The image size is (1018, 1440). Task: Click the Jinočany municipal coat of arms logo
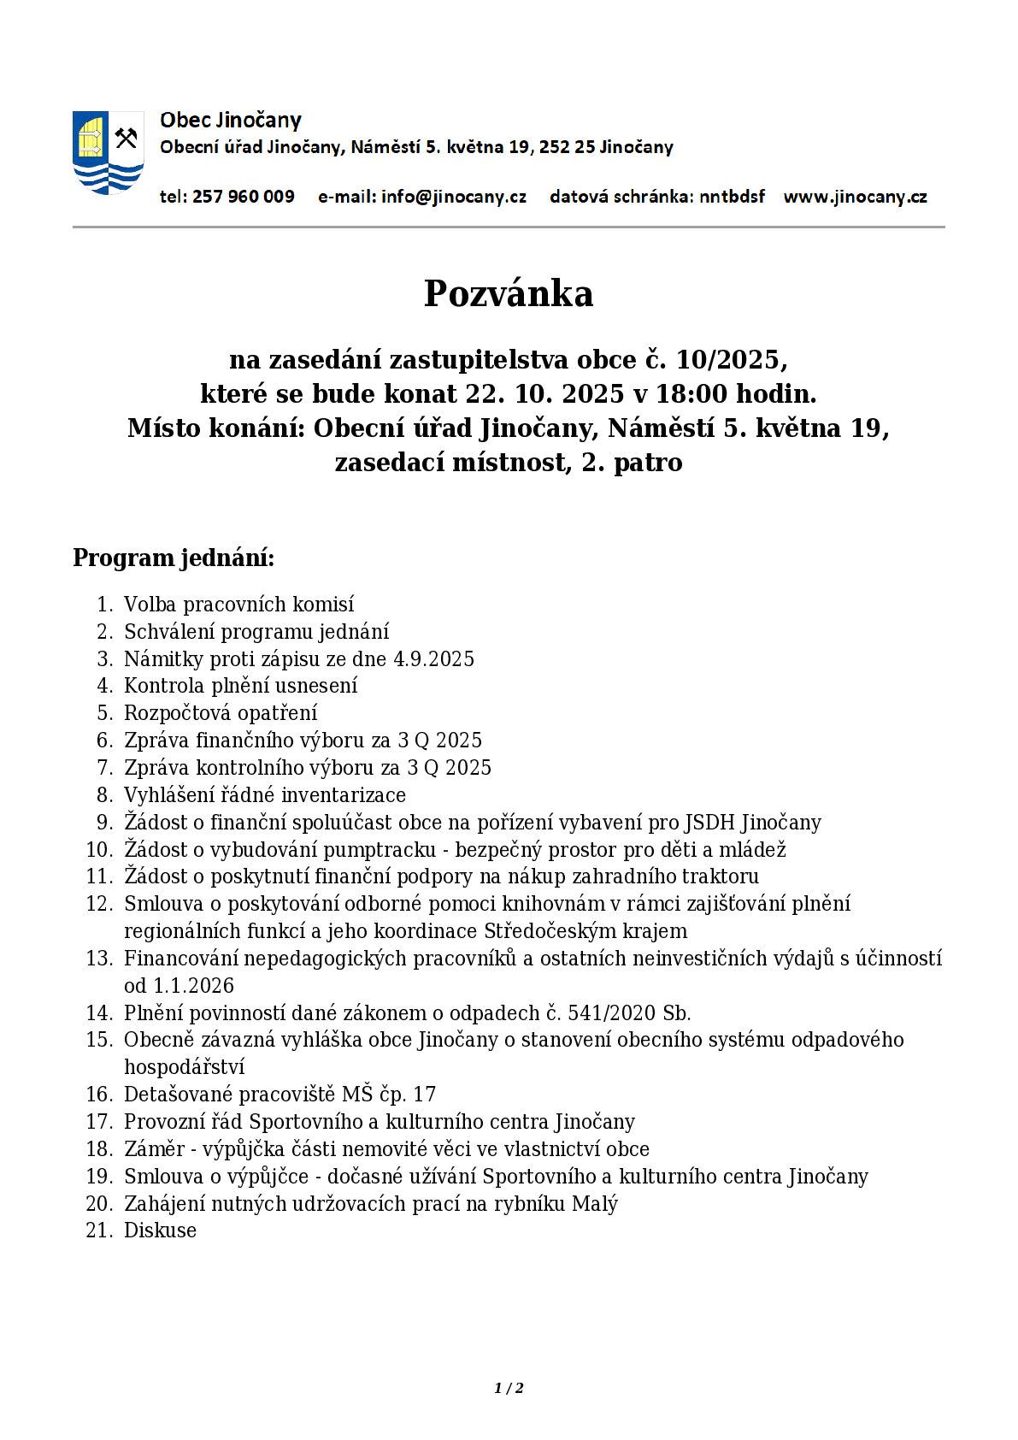[x=107, y=152]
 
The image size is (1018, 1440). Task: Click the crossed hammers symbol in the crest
[x=127, y=138]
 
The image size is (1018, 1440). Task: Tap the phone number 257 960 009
[x=244, y=197]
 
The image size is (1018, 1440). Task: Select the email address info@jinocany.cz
[x=454, y=197]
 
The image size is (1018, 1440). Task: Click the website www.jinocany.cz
[x=855, y=197]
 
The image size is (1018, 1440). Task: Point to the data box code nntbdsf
[x=732, y=197]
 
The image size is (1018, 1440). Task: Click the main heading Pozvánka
[x=509, y=293]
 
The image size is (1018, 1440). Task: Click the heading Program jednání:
[x=174, y=558]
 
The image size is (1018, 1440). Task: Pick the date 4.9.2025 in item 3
[x=433, y=658]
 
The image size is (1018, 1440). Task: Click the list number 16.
[x=99, y=1095]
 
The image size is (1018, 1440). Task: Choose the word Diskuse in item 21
[x=160, y=1230]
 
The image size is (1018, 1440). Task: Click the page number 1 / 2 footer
[x=509, y=1389]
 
